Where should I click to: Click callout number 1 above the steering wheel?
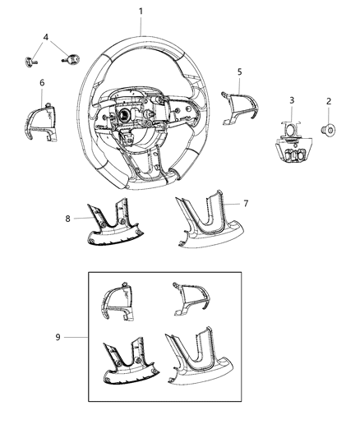(x=141, y=11)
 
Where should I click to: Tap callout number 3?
(x=291, y=100)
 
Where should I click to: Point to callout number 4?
(x=46, y=37)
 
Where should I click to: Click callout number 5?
(x=239, y=72)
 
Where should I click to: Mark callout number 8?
(x=67, y=218)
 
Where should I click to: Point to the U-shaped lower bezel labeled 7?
(x=205, y=224)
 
